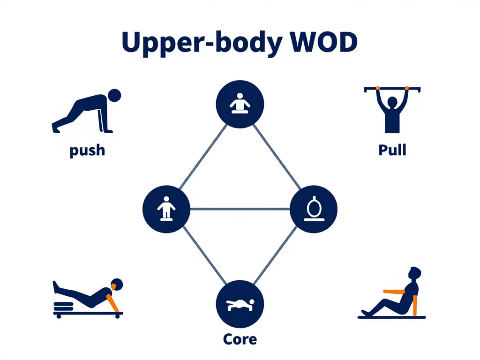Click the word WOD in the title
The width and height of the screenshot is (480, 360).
coord(324,43)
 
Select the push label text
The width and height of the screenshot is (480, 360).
coord(87,150)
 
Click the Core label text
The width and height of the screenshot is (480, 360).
coord(240,338)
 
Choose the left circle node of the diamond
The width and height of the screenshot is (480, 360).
coord(166,209)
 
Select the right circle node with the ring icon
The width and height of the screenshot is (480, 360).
coord(314,209)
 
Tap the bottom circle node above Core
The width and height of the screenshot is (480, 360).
coord(240,304)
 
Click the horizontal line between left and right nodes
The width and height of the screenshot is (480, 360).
coord(240,209)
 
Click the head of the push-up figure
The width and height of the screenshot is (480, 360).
coord(114,96)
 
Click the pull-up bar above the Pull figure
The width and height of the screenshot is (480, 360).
coord(392,88)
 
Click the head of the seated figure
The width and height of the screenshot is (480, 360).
coord(415,273)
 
